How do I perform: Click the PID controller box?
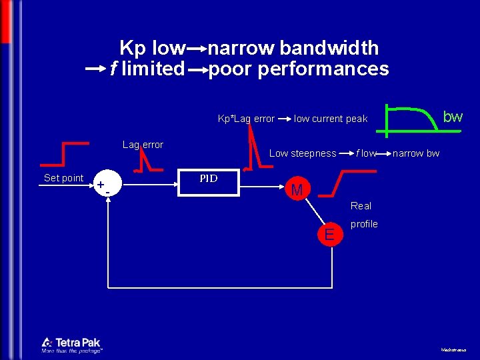pos(209,183)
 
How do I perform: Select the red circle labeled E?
pos(329,234)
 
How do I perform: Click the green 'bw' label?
pos(453,117)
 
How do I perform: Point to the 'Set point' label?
pos(63,178)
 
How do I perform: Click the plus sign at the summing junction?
pos(100,184)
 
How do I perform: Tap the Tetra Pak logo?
pos(71,344)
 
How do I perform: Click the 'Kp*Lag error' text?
pos(246,119)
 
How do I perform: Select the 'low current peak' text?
pos(331,119)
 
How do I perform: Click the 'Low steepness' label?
pos(303,153)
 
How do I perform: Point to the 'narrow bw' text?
pos(416,153)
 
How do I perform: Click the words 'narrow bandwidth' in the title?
pos(293,48)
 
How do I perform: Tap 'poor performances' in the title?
pos(299,68)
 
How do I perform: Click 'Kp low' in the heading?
pos(152,48)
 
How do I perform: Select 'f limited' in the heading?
pos(147,68)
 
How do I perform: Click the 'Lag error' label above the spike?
pos(143,145)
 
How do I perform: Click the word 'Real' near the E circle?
pos(361,206)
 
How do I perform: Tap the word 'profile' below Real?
pos(364,224)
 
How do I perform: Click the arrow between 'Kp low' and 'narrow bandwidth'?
pos(197,49)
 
